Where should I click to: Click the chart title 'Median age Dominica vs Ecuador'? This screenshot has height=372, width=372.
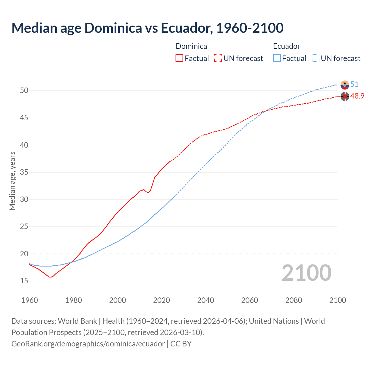pos(147,28)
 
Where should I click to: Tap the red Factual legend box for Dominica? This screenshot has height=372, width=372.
pos(179,58)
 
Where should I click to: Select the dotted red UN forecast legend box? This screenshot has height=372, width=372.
pos(218,58)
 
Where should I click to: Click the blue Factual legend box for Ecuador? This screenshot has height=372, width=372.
pos(277,58)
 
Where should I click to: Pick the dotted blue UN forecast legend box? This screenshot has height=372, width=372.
pos(315,58)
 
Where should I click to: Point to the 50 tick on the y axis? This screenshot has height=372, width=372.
pos(24,91)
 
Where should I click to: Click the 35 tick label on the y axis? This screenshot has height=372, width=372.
pos(24,172)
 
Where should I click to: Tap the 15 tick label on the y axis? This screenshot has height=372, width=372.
pos(24,281)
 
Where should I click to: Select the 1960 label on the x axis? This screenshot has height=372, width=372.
pos(30,300)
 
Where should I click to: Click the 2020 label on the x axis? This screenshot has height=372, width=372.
pos(162,300)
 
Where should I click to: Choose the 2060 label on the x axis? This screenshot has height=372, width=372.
pos(250,300)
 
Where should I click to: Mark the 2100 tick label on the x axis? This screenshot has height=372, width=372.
pos(337,300)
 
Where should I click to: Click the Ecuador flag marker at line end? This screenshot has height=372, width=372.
pos(345,85)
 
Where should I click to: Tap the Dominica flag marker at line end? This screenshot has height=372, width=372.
pos(345,96)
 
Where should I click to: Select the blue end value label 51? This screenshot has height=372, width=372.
pos(354,85)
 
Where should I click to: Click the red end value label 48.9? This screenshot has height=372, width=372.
pos(357,96)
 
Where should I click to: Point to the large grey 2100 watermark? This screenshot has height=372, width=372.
pos(306,273)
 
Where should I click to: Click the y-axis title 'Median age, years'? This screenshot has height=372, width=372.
pos(12,181)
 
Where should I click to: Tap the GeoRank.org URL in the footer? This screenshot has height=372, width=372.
pos(88,344)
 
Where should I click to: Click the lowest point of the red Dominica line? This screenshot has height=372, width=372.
pos(50,277)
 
